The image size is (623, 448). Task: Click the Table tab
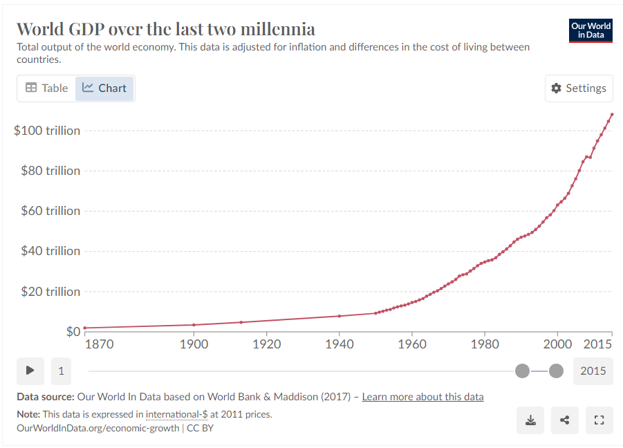coord(47,88)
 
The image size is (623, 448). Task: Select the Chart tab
coord(104,88)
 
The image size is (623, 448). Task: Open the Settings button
coord(579,88)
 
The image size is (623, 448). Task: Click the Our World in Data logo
coord(591,30)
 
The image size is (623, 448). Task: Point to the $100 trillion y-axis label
coord(47,131)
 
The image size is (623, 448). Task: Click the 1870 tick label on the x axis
coord(98,344)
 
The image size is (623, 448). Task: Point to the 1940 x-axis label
coord(339,344)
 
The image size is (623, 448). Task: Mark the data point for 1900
coord(194,325)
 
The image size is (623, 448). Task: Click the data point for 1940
coord(339,316)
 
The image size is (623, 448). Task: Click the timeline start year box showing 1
coord(61,371)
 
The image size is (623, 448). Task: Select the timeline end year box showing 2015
coord(593,371)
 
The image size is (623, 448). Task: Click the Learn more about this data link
coord(422,397)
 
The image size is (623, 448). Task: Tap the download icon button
coord(530,420)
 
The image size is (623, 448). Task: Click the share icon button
coord(565,420)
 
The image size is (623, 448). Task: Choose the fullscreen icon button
coord(599,420)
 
